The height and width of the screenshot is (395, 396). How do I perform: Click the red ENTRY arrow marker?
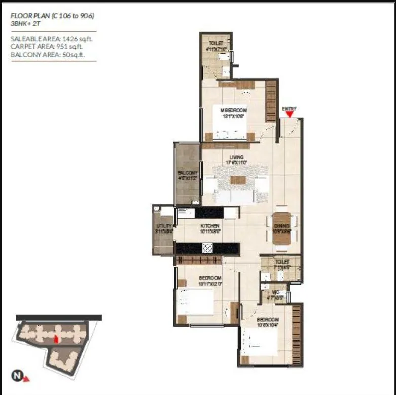point(289,114)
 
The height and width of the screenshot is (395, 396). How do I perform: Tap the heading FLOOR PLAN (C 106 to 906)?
point(53,16)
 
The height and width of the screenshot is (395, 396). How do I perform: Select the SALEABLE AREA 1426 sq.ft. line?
point(52,38)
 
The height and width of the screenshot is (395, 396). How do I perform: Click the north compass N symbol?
point(17,376)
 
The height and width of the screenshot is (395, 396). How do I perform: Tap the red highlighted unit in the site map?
point(57,339)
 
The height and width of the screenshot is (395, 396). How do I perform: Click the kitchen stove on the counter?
point(207,248)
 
